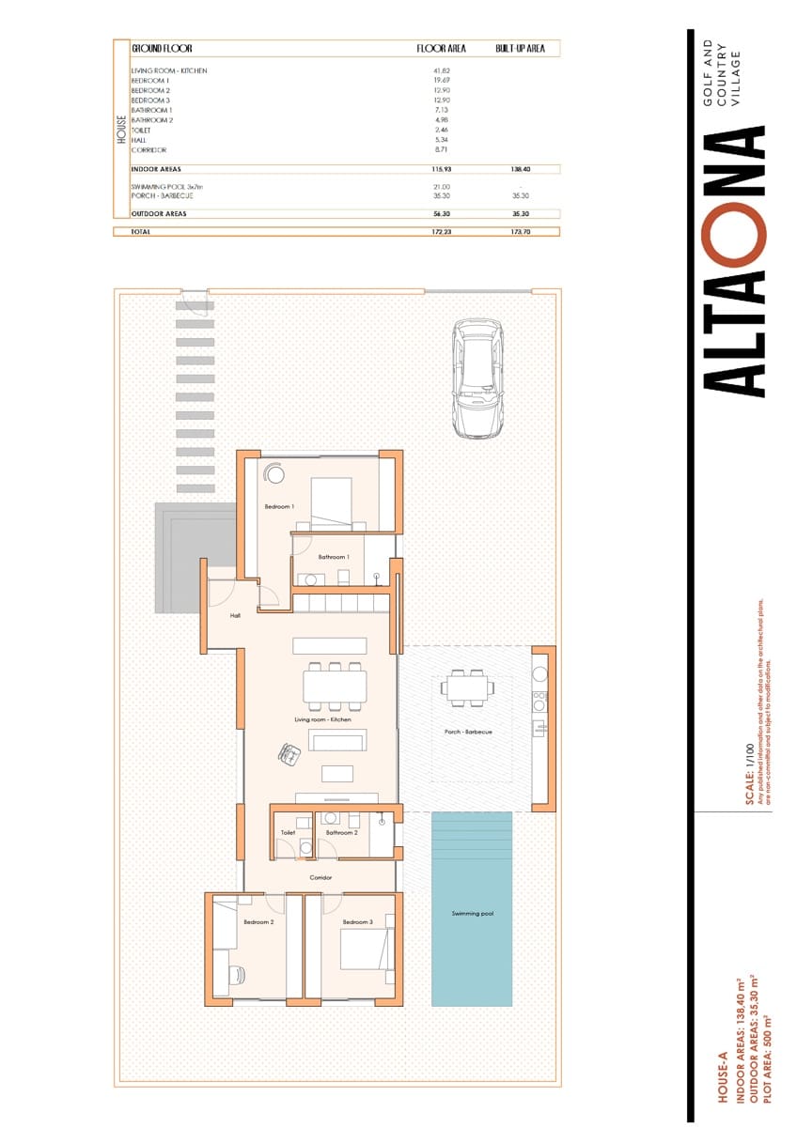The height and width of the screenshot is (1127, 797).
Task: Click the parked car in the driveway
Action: coord(477,378)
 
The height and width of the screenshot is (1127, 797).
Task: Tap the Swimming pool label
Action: coord(472,913)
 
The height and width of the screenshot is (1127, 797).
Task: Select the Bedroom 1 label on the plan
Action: coord(279,507)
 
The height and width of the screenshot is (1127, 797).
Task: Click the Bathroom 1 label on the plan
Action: coord(333,557)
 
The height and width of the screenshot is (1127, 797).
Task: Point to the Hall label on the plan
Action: coord(236,617)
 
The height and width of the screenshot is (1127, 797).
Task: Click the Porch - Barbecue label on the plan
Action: coord(468,732)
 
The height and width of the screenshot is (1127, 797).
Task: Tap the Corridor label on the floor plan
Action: coord(320,878)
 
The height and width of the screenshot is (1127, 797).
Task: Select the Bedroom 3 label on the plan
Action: coord(357,922)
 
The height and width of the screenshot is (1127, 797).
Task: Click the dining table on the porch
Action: coord(467,687)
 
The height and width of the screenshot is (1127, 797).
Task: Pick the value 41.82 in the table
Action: coord(441,70)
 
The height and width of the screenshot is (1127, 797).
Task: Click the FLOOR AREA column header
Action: coord(441,48)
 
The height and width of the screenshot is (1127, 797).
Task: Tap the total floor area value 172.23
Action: coord(441,231)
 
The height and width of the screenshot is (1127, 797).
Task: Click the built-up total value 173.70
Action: coord(521,231)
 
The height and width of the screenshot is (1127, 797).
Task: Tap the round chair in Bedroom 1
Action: coord(275,475)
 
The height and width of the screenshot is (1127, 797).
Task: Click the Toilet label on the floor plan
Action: coord(288,832)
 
